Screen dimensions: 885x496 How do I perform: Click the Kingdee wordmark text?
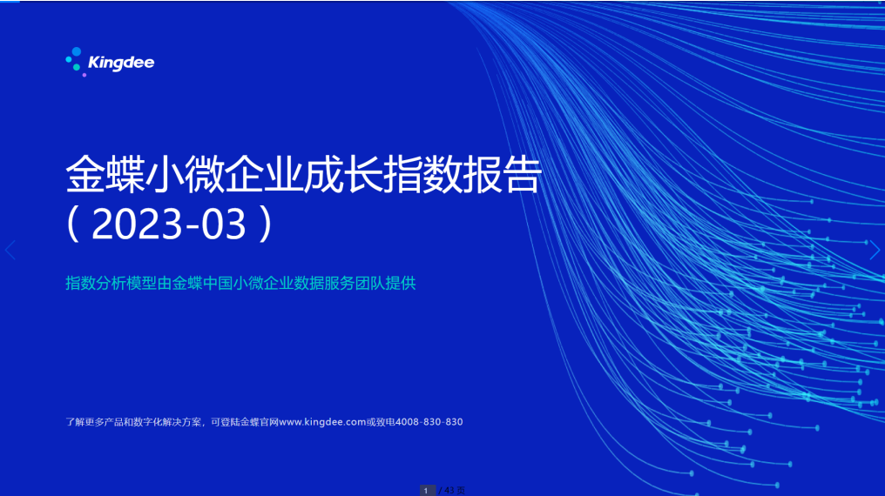tap(121, 63)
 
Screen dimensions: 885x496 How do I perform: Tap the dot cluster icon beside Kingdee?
tap(76, 62)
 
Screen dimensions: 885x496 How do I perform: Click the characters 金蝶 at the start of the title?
tap(105, 175)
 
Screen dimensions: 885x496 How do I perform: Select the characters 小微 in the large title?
tap(185, 175)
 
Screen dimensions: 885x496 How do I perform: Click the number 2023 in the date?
tap(137, 224)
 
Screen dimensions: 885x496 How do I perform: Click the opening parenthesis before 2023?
tap(73, 224)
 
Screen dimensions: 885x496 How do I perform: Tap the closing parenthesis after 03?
tap(266, 224)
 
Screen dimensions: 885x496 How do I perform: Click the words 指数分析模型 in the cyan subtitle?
tap(111, 283)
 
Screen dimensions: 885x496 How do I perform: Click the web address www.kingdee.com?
tap(322, 422)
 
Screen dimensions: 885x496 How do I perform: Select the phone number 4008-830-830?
tap(429, 422)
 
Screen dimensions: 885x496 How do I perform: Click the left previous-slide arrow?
tap(10, 250)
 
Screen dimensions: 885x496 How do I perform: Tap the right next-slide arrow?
tap(875, 250)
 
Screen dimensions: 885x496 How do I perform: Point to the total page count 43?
tap(449, 491)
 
